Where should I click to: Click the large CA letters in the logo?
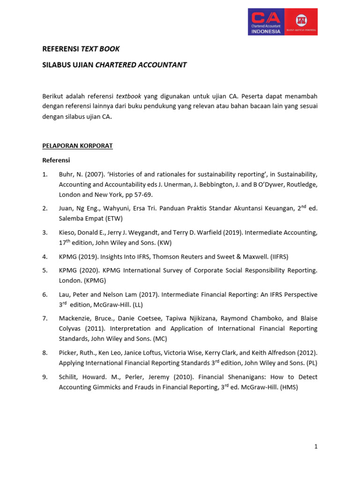265,18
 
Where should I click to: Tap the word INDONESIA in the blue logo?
265,31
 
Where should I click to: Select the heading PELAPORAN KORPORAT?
77,146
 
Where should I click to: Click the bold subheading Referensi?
56,160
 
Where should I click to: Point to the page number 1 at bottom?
316,447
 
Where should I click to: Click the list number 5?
45,270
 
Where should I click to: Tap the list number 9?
45,377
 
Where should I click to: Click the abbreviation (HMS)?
287,387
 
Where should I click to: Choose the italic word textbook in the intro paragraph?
129,96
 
